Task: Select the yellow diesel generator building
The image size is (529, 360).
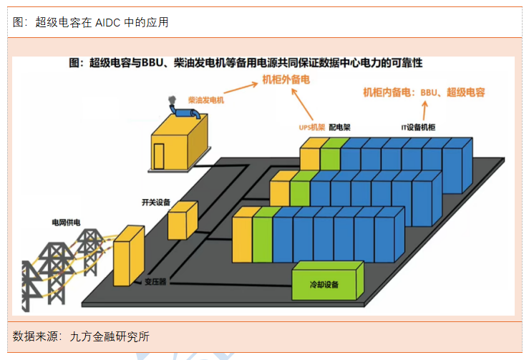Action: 179,142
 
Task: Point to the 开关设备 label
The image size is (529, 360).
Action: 156,203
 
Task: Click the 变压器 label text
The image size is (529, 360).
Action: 153,282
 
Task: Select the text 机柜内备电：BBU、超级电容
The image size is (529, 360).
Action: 424,92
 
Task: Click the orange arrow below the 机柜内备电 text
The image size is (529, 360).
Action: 424,110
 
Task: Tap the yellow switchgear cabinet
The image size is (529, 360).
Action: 182,220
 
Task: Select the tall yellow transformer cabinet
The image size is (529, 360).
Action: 129,254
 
